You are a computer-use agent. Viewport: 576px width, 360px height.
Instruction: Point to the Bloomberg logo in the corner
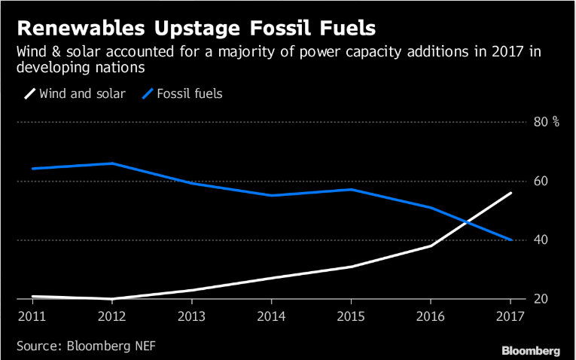(531, 350)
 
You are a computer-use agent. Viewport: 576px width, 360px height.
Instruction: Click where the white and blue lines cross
(468, 222)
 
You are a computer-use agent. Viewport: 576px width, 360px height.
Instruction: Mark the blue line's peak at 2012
(111, 163)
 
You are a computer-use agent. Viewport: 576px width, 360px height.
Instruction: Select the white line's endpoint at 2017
(511, 193)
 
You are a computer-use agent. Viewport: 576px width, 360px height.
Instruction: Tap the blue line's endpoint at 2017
(511, 240)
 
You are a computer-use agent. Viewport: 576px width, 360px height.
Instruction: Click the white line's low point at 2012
(111, 299)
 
